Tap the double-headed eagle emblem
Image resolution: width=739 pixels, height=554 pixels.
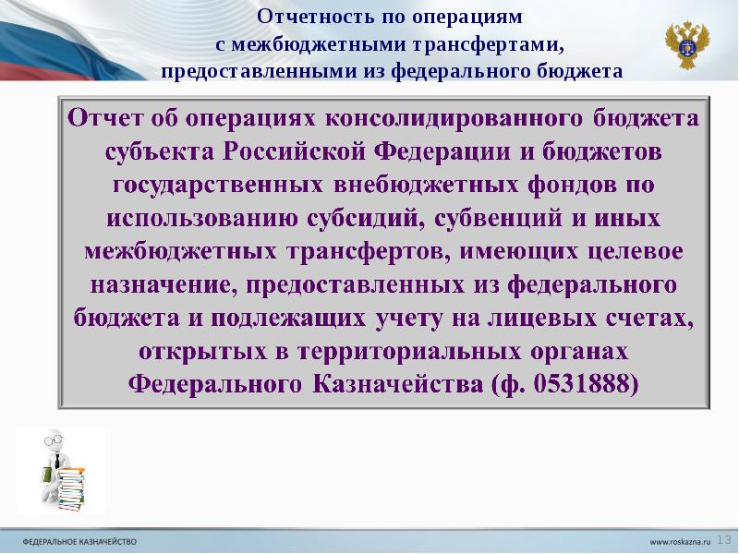coord(688,43)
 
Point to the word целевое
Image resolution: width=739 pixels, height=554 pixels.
coord(637,251)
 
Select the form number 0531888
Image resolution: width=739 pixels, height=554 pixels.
coord(580,382)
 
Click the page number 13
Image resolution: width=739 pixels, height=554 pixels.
coord(724,538)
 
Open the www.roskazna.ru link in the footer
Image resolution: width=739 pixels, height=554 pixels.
coord(680,539)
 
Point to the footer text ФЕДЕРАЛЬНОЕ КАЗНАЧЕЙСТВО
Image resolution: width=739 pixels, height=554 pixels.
coord(79,539)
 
